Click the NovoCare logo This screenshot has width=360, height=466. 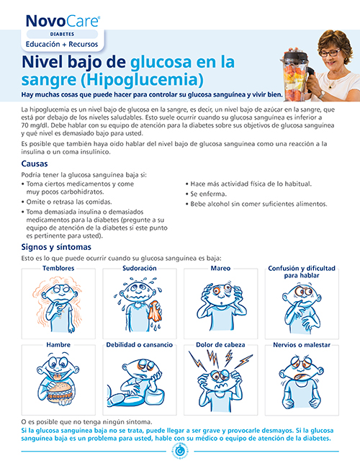point(63,22)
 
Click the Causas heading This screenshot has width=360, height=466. point(35,163)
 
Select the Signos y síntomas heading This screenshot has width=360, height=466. point(56,247)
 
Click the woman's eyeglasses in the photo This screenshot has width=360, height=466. point(329,53)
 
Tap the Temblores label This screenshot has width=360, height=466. point(58,269)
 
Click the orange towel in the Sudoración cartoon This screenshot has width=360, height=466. point(155,311)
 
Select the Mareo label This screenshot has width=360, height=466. point(220,269)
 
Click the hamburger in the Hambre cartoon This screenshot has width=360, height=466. point(60,390)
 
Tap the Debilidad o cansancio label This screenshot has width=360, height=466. point(139,345)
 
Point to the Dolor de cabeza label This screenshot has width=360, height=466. point(220,345)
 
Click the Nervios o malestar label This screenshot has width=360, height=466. point(302,345)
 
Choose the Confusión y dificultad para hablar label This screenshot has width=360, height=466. point(302,272)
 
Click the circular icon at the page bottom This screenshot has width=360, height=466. point(180,451)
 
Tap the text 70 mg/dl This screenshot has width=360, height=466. point(33,125)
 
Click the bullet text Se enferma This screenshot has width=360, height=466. point(209,194)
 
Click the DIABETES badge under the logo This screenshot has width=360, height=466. point(62,34)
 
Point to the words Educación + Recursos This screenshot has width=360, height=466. point(62,44)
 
